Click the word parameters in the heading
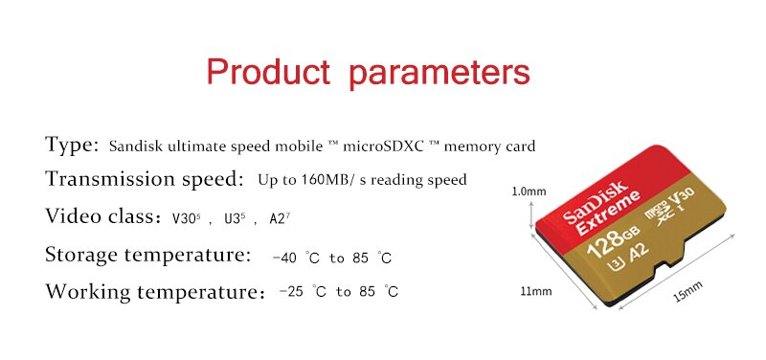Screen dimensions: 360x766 click(x=439, y=73)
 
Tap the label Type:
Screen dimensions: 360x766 click(x=72, y=146)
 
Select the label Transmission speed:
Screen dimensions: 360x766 click(x=143, y=179)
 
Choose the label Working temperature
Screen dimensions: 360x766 click(x=151, y=291)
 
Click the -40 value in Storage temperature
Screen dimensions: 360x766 click(x=284, y=258)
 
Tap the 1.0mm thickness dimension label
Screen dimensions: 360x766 click(x=529, y=191)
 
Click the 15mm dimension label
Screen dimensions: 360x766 click(x=687, y=289)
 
